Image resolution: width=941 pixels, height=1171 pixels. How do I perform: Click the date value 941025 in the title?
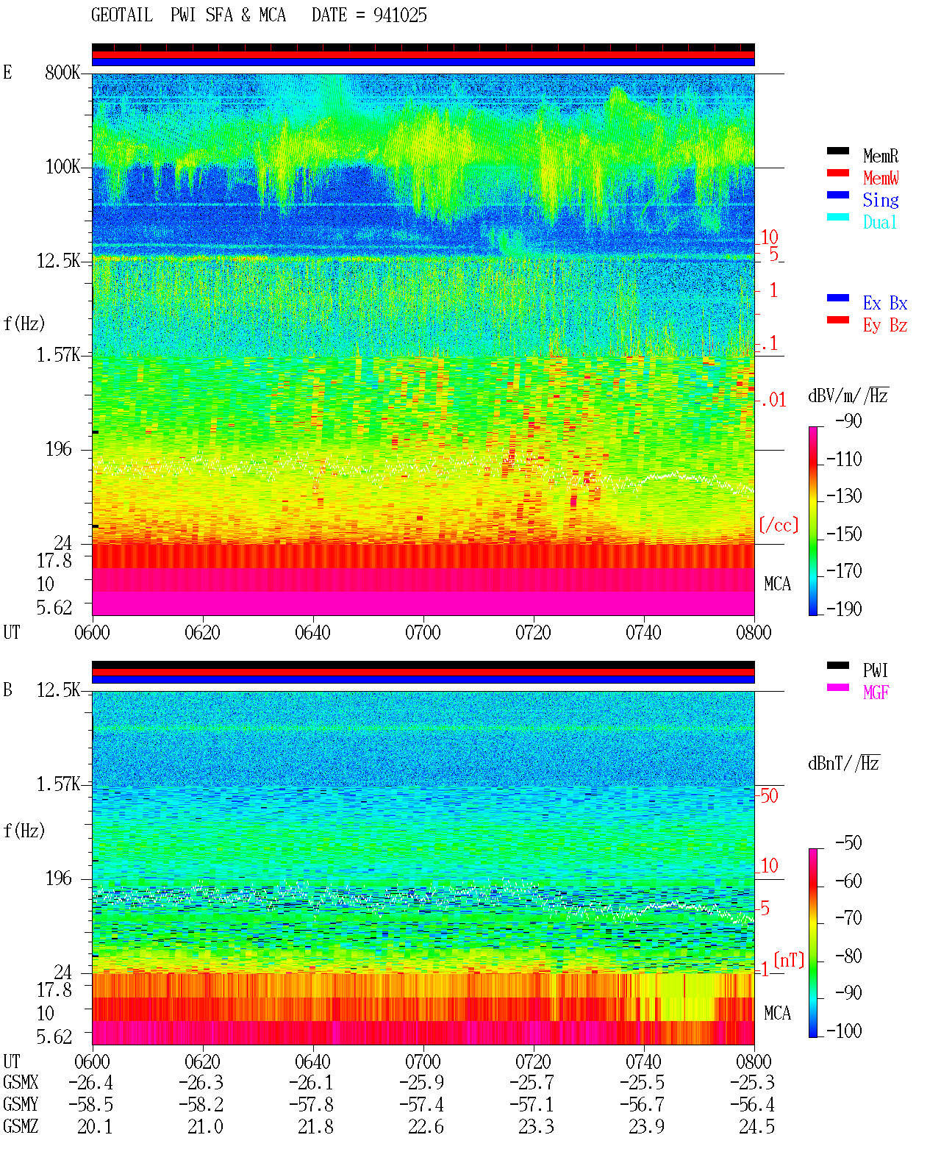coord(400,15)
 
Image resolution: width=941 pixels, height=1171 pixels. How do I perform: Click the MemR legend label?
coord(881,156)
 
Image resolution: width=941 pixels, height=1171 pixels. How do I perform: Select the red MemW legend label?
coord(881,177)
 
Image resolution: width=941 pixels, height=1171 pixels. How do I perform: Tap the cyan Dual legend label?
coord(879,222)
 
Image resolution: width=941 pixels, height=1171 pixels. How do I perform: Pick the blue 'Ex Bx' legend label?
coord(885,303)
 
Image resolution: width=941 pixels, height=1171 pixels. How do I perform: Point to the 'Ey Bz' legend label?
coord(885,325)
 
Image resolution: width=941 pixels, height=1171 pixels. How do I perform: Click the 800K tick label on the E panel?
coord(62,72)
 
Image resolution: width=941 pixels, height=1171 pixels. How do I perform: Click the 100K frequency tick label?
coord(62,167)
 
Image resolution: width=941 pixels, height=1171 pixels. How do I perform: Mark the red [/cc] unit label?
coord(779,525)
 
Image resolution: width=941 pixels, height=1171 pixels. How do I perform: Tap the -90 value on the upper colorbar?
coord(848,420)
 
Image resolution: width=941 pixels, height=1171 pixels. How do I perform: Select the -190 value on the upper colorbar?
coord(844,609)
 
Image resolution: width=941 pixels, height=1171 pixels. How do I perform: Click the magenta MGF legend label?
coord(876,692)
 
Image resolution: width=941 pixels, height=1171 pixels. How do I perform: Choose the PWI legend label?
coord(875,670)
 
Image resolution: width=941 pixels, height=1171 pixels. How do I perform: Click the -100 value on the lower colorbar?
coord(844,1031)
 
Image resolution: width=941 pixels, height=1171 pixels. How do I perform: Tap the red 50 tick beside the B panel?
coord(769,795)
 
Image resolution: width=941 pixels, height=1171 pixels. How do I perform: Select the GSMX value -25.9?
coord(422,1082)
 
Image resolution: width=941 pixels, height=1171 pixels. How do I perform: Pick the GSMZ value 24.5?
coord(756,1126)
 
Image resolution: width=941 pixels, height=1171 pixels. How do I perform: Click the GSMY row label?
coord(21,1104)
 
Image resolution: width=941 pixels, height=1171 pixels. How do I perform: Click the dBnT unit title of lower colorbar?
coord(843,763)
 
